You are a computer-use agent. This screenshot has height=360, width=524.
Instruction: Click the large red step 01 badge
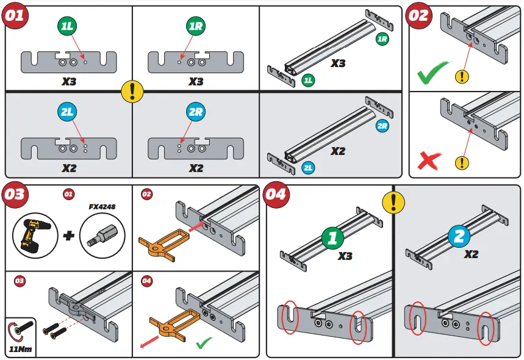pyautogui.click(x=15, y=15)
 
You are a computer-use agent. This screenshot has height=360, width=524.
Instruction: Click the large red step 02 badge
pyautogui.click(x=419, y=15)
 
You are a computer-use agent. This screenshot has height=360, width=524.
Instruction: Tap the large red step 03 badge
pyautogui.click(x=15, y=194)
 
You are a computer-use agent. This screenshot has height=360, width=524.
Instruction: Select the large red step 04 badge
pyautogui.click(x=275, y=194)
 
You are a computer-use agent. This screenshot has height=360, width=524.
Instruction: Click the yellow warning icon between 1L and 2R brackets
pyautogui.click(x=132, y=91)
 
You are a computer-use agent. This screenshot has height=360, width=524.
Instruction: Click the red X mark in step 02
pyautogui.click(x=430, y=160)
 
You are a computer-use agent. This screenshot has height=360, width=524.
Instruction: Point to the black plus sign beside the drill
pyautogui.click(x=68, y=235)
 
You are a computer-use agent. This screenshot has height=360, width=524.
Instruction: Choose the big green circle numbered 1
pyautogui.click(x=332, y=237)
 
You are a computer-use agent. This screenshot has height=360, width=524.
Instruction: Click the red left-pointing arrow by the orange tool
pyautogui.click(x=146, y=345)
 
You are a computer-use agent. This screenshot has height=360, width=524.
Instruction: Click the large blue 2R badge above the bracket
pyautogui.click(x=196, y=112)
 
